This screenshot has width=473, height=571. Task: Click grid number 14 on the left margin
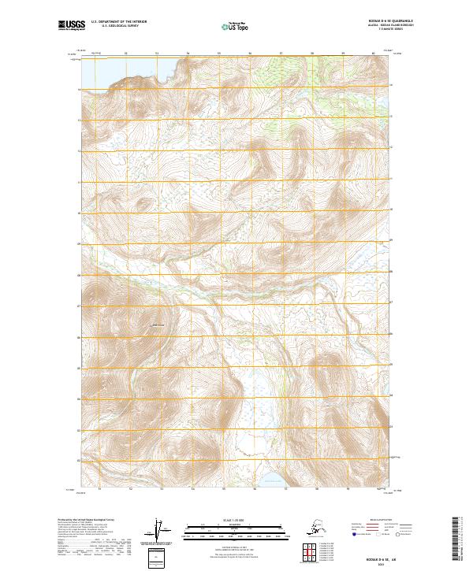[78, 89]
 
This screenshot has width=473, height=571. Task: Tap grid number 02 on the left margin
[78, 461]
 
